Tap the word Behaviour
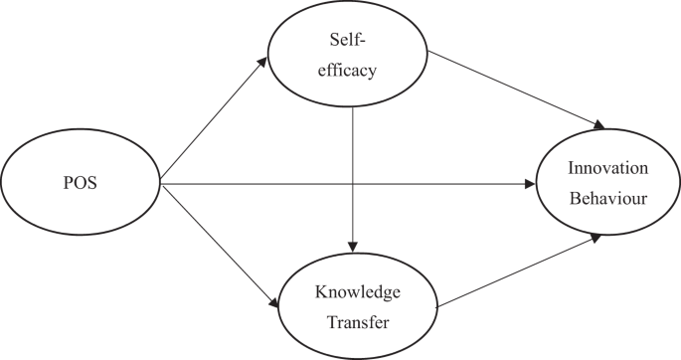[608, 198]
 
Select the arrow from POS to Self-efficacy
[214, 120]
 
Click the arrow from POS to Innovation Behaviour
[348, 184]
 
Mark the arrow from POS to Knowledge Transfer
[219, 244]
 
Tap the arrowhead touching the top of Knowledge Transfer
[353, 246]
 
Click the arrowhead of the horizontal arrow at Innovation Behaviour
[530, 184]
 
